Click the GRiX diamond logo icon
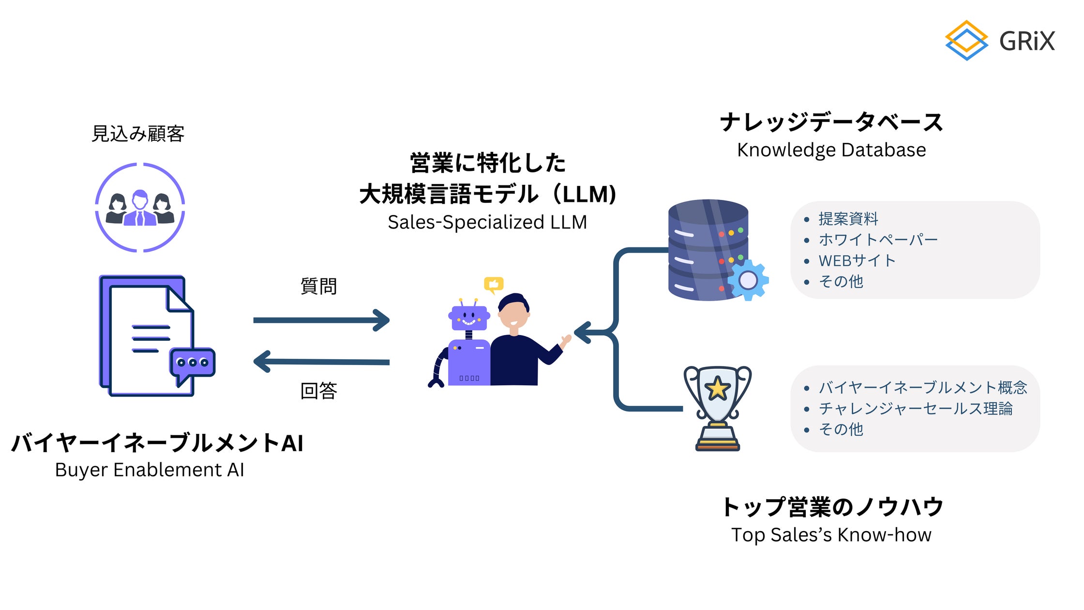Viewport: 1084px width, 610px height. (966, 41)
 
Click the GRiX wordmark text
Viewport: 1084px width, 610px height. (1027, 41)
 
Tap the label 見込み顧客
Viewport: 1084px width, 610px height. (138, 134)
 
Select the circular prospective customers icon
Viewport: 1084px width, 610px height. (140, 207)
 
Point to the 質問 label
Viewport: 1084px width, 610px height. (318, 286)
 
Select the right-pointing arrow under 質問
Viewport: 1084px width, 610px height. (321, 320)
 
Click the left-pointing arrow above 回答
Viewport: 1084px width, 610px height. (321, 362)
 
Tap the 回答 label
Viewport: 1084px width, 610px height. (318, 390)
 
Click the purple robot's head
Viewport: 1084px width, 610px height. (468, 318)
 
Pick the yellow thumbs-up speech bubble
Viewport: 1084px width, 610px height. (494, 284)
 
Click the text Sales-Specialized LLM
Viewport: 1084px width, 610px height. (487, 222)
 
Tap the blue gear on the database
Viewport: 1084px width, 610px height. (748, 280)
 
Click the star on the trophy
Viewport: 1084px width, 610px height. (717, 389)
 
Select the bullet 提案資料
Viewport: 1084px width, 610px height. (848, 219)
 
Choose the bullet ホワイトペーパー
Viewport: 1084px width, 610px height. (878, 240)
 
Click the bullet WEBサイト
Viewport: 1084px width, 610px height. (857, 260)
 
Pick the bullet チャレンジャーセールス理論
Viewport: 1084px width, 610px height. (915, 409)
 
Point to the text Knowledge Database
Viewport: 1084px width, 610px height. (831, 150)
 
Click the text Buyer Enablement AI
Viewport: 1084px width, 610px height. (150, 470)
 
